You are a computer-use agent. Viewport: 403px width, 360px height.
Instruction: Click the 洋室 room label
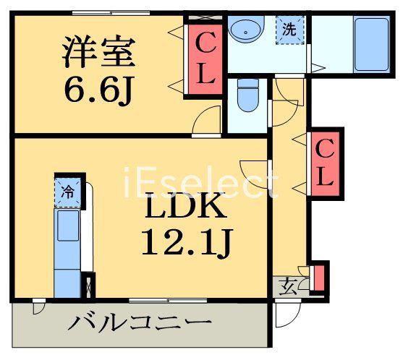point(99,52)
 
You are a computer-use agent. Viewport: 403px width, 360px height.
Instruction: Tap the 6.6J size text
point(98,90)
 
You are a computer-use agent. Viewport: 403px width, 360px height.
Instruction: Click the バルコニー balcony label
point(140,322)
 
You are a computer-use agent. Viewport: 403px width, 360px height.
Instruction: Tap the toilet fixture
point(247,95)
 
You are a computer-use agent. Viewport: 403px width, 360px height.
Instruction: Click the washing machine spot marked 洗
point(289,30)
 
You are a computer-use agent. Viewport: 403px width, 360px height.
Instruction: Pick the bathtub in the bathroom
point(371,44)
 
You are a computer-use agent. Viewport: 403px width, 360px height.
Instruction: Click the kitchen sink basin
point(68,226)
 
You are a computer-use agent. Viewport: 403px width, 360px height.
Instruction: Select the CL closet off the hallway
point(325,164)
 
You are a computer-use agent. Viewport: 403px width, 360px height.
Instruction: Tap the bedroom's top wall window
point(111,12)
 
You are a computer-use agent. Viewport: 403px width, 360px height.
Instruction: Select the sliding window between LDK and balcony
point(168,301)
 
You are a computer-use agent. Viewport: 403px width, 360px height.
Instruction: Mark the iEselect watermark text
point(201,183)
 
